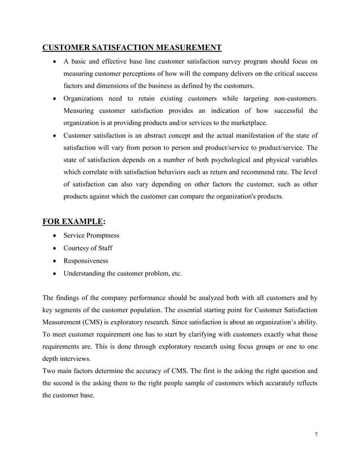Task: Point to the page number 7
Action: (317, 435)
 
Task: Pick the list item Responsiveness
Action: (86, 261)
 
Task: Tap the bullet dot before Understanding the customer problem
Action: (54, 274)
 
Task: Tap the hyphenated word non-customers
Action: (292, 98)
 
